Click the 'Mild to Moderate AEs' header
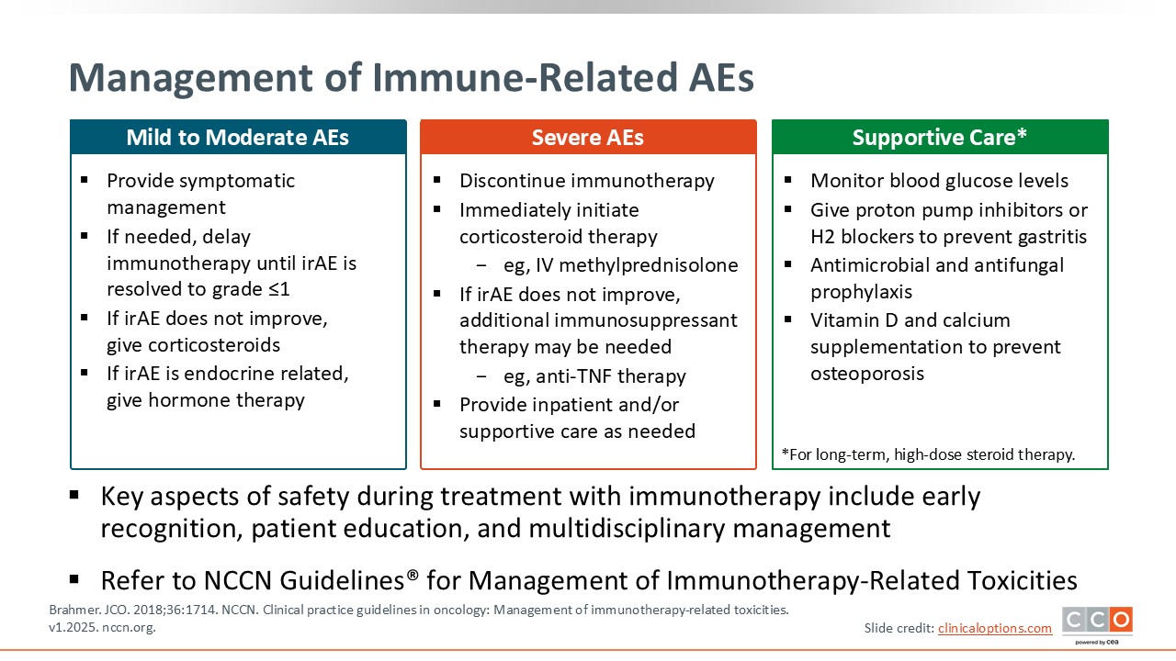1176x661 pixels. pos(238,138)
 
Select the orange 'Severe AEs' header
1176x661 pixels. pos(588,138)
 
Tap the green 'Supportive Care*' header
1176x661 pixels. pos(940,138)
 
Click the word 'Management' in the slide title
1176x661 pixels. pos(191,79)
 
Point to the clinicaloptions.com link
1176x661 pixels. pos(995,628)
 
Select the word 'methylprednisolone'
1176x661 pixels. pos(649,265)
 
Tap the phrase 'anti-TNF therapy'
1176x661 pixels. pos(611,376)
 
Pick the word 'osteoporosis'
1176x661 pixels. pos(867,374)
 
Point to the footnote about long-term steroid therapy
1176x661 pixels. pos(928,454)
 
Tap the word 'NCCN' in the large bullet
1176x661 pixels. pos(237,581)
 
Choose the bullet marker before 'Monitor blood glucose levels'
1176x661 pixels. pos(787,180)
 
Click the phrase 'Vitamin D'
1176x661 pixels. pos(854,320)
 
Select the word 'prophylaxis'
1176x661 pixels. pos(862,292)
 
